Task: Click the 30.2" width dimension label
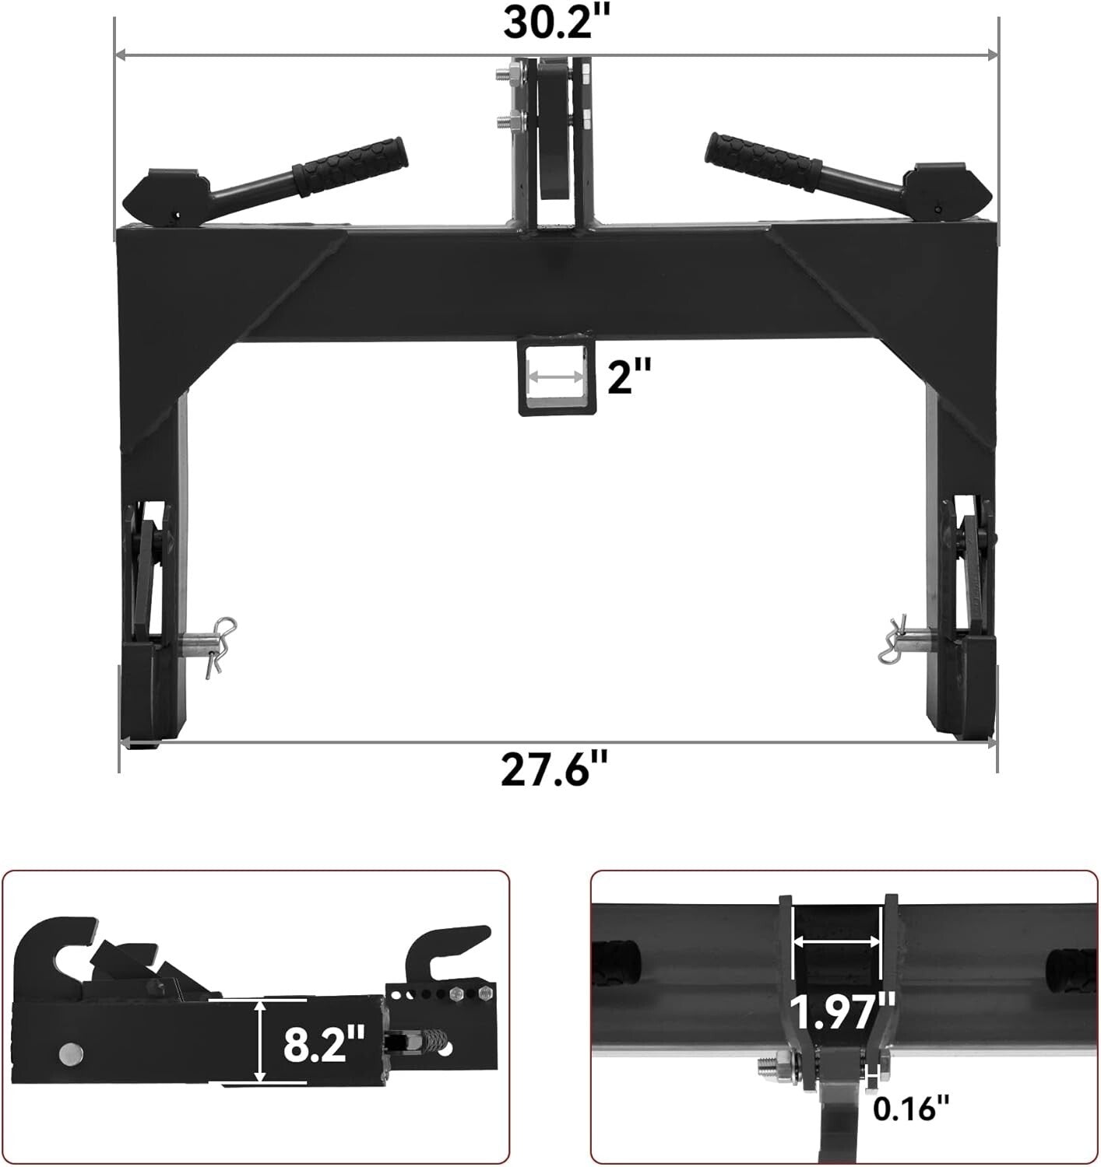point(555,23)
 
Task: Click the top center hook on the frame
point(554,132)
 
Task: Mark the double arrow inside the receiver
point(555,376)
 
